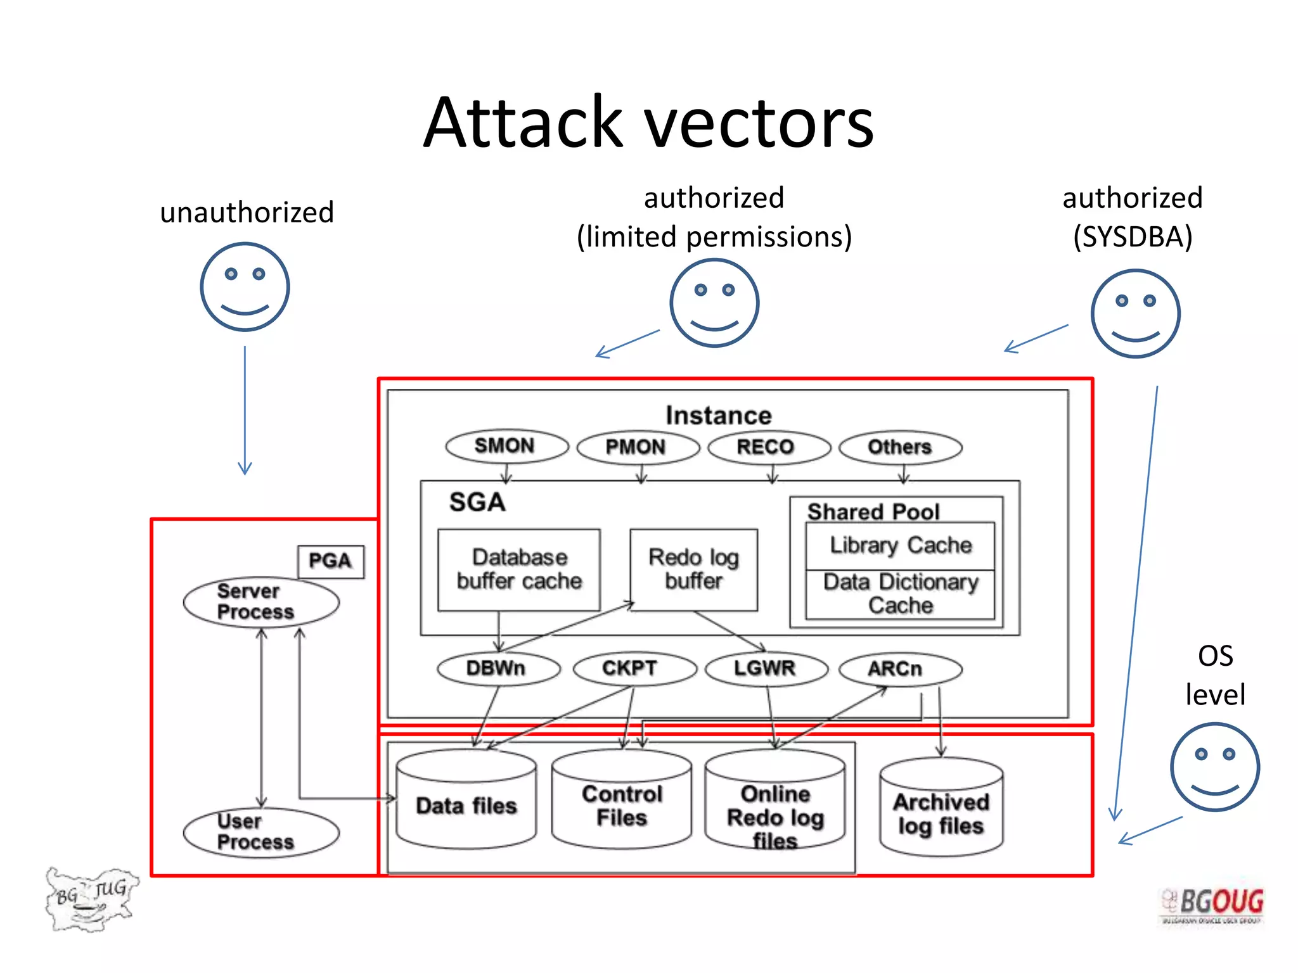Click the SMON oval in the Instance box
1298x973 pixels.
tap(506, 446)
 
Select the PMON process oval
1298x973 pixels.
tap(638, 447)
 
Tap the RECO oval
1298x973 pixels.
tap(768, 447)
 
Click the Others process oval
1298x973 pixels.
tap(900, 447)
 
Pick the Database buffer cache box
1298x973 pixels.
tap(518, 569)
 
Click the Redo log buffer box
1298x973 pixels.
tap(693, 569)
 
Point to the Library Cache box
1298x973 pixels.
tap(900, 545)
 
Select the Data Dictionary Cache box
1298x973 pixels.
tap(900, 594)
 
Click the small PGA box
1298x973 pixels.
tap(331, 561)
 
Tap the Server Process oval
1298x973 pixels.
tap(260, 602)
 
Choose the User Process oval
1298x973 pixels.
tap(260, 832)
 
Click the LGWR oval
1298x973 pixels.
tap(766, 669)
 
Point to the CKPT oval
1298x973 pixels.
tap(634, 669)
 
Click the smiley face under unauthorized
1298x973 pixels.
tap(245, 287)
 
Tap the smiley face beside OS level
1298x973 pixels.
tap(1214, 767)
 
